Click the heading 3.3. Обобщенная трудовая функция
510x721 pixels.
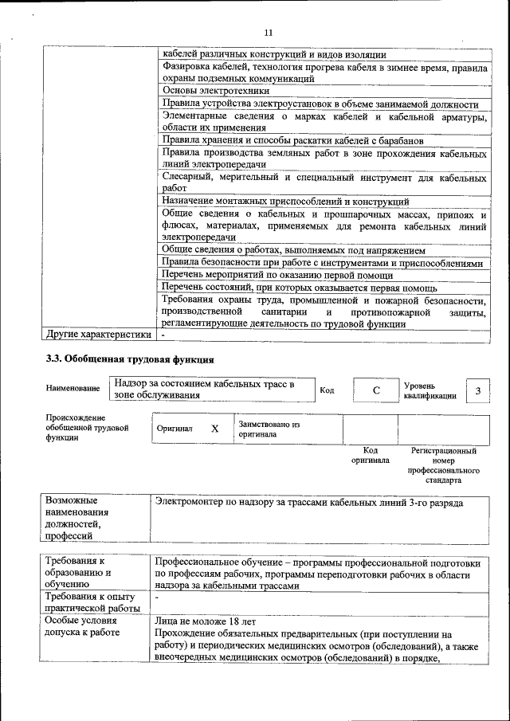pos(130,359)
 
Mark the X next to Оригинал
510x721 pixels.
pos(214,428)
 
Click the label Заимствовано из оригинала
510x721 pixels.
pos(269,429)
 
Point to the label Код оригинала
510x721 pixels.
pos(370,455)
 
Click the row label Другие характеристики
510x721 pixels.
pos(97,334)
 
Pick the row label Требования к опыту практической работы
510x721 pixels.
pos(90,601)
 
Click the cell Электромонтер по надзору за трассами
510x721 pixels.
pos(309,503)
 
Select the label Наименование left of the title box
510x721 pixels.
pos(73,388)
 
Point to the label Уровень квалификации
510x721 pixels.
pos(430,390)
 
